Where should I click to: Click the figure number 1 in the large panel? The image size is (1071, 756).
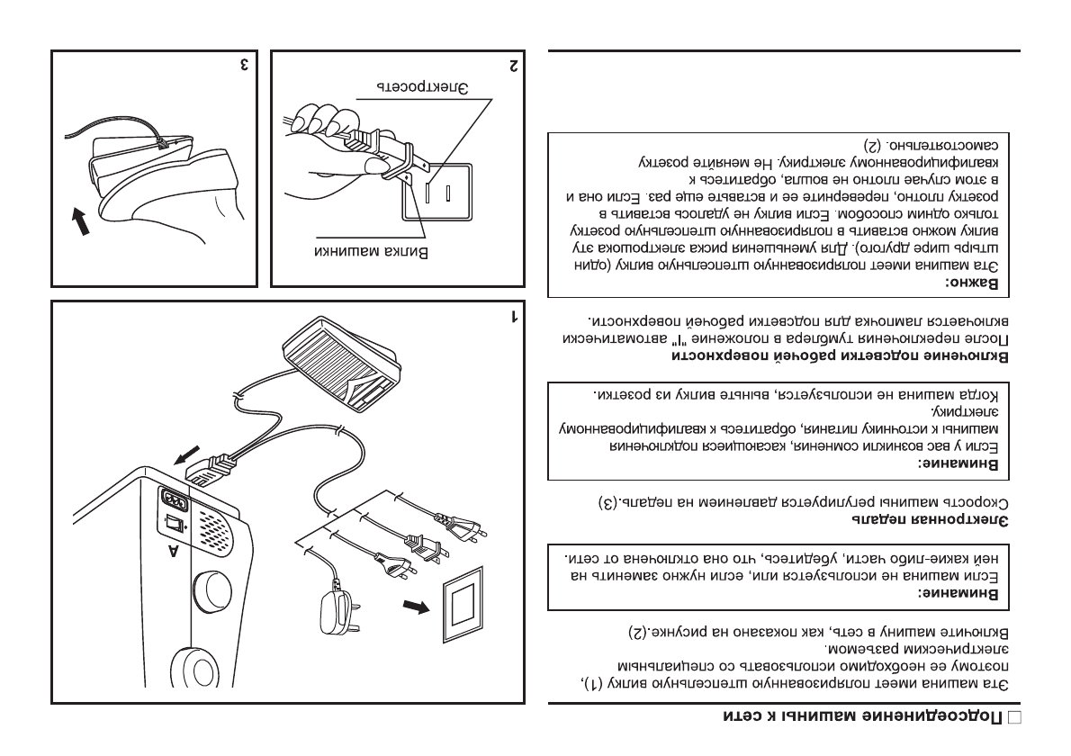514,316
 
